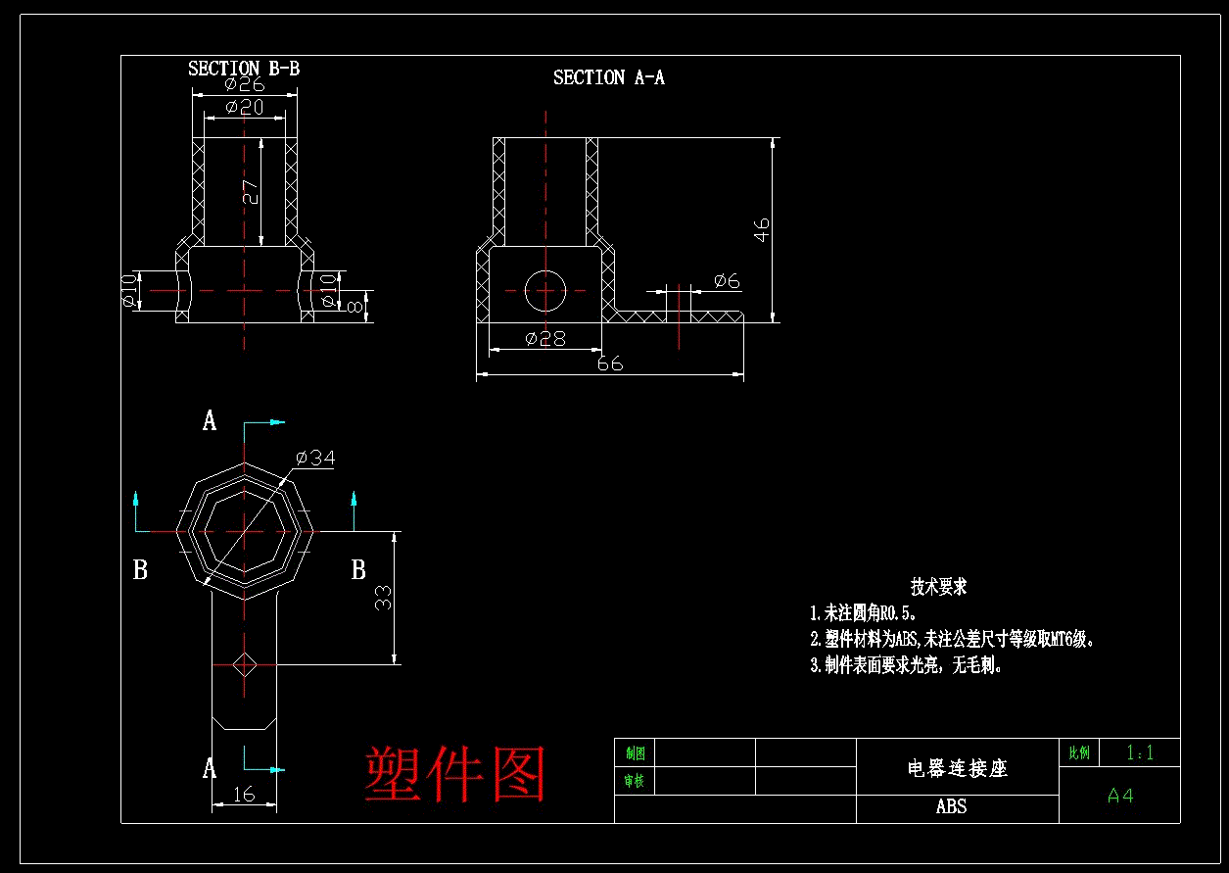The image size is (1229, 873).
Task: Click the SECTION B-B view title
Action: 244,69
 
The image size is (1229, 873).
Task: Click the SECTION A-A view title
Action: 608,77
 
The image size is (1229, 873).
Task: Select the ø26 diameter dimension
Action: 244,84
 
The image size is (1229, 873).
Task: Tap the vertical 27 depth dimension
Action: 252,192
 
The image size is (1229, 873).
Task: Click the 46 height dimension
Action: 762,229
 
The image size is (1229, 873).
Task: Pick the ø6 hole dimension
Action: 727,281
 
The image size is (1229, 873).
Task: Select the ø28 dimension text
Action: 544,338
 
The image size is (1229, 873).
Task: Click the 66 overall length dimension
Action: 609,364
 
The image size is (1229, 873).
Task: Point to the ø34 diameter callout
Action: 314,458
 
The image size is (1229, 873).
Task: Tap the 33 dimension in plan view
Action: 384,598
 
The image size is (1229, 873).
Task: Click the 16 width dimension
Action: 244,794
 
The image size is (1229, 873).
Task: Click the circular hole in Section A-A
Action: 545,289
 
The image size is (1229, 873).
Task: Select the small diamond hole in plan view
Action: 244,664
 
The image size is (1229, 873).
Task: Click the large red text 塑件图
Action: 454,774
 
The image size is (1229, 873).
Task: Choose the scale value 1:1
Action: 1140,752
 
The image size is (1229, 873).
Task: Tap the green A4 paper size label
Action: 1120,796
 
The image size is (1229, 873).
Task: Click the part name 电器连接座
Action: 957,768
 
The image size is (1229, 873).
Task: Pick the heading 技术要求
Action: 938,587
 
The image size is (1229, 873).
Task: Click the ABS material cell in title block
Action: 951,806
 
